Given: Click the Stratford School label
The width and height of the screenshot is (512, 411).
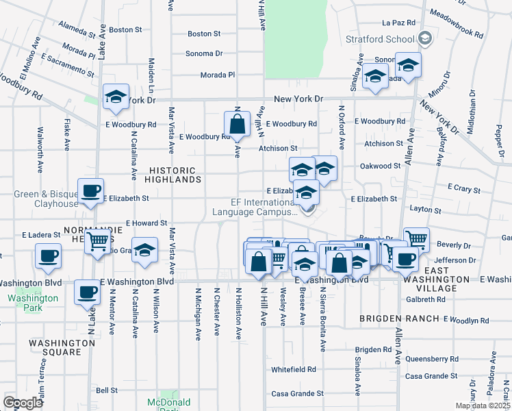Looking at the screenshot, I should [x=381, y=39].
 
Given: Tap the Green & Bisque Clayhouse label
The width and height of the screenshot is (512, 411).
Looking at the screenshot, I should [x=46, y=199].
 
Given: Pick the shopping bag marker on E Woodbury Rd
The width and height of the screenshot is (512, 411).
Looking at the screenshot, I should [x=237, y=125].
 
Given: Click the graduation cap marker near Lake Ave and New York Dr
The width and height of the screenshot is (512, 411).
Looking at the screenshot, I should [x=116, y=98].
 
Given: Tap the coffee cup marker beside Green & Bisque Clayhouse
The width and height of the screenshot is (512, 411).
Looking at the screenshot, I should [x=90, y=192].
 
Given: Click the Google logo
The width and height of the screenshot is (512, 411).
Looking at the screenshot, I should [x=23, y=403].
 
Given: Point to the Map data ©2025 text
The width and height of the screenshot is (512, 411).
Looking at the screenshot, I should [x=482, y=406].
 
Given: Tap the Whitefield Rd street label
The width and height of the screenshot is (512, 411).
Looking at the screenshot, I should [x=293, y=369].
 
